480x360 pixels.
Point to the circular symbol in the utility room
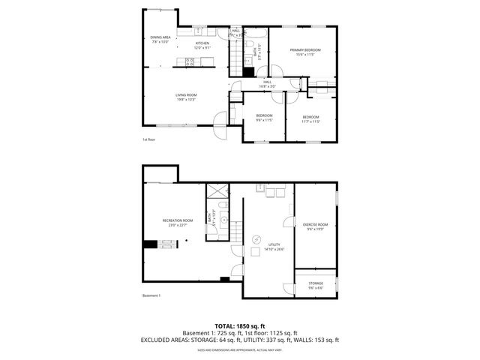(256, 239)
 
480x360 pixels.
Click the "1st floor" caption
(148, 139)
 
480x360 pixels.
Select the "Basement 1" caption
(151, 295)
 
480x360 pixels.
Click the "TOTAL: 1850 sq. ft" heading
(239, 325)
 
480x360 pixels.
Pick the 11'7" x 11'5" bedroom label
(310, 118)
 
